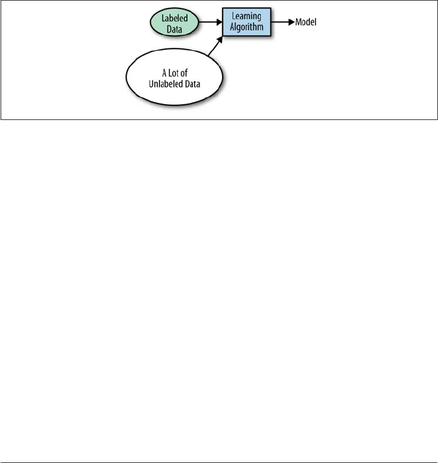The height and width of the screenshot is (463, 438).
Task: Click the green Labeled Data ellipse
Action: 174,22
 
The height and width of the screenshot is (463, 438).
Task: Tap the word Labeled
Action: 174,18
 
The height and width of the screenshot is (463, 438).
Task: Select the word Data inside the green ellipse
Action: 174,29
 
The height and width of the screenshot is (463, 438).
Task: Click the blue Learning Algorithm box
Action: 246,22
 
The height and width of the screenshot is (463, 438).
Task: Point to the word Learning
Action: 246,16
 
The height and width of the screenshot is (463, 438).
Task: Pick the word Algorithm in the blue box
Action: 246,27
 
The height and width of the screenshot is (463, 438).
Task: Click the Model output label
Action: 306,22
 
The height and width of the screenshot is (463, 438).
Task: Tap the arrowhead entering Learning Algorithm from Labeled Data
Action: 219,22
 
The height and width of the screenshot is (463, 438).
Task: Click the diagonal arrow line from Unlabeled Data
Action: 215,46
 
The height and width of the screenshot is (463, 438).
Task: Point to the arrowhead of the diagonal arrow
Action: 220,39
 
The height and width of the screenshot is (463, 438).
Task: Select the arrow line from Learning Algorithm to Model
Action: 283,22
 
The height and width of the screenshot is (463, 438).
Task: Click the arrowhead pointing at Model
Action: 292,22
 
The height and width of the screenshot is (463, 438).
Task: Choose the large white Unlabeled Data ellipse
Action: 174,77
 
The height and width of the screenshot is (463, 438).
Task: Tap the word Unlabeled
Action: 162,84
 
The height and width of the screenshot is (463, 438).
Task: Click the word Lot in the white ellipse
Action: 173,73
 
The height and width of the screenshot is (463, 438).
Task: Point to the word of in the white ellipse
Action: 184,73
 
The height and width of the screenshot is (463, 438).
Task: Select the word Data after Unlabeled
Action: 192,84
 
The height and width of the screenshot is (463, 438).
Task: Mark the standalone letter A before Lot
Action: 164,73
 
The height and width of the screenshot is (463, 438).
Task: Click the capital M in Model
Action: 298,22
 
